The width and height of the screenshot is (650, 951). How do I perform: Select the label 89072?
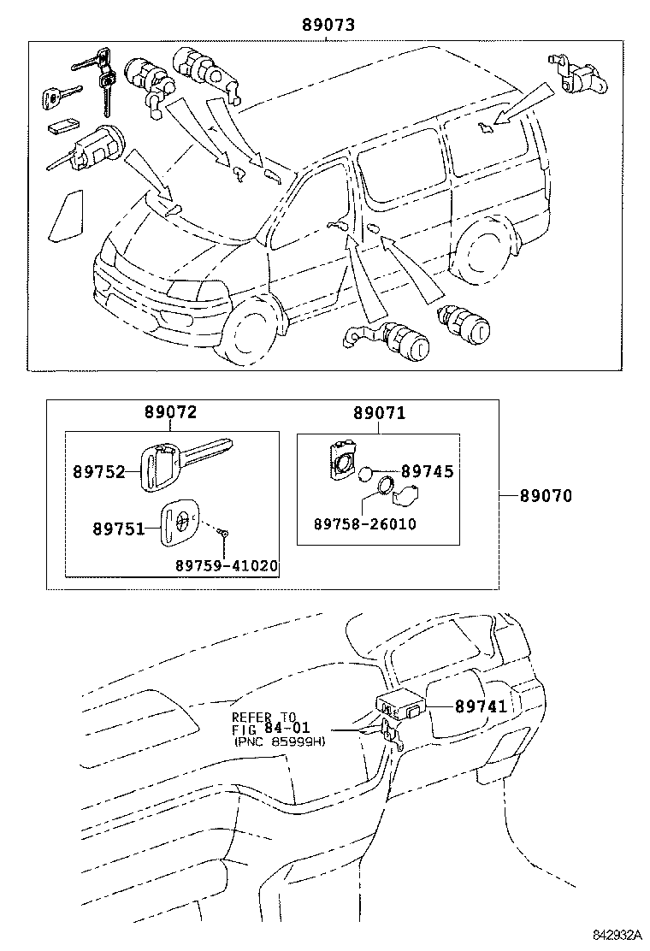170,412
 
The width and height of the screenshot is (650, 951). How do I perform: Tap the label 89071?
379,413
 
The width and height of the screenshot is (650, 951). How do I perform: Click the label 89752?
98,471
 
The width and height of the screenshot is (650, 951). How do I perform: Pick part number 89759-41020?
226,565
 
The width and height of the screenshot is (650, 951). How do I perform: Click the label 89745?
427,471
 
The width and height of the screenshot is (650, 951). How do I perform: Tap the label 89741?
481,706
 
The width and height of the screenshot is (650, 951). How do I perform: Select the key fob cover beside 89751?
180,523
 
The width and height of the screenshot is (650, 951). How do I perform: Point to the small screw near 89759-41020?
223,533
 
